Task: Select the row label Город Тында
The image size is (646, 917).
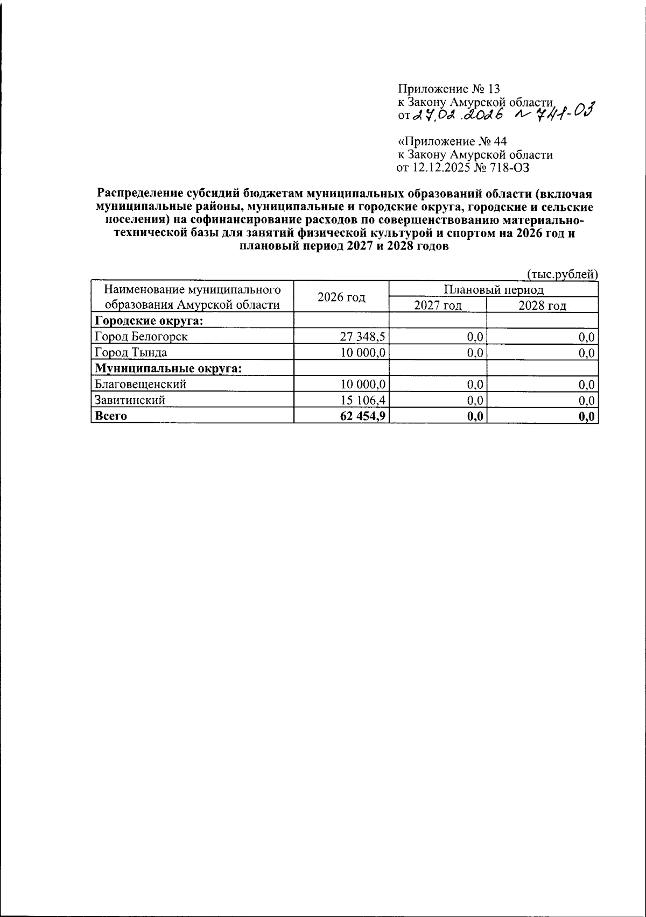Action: coord(131,353)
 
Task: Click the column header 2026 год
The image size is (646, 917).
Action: coord(341,297)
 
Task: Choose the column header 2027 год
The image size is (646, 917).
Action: coord(437,305)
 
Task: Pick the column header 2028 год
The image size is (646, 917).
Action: coord(542,305)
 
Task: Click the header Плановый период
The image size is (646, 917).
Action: coord(493,289)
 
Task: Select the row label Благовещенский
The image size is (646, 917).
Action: coord(141,385)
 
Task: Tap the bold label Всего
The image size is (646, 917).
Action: coord(111,416)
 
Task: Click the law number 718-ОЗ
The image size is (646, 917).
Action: coord(509,168)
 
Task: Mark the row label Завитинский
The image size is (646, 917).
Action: coord(130,400)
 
